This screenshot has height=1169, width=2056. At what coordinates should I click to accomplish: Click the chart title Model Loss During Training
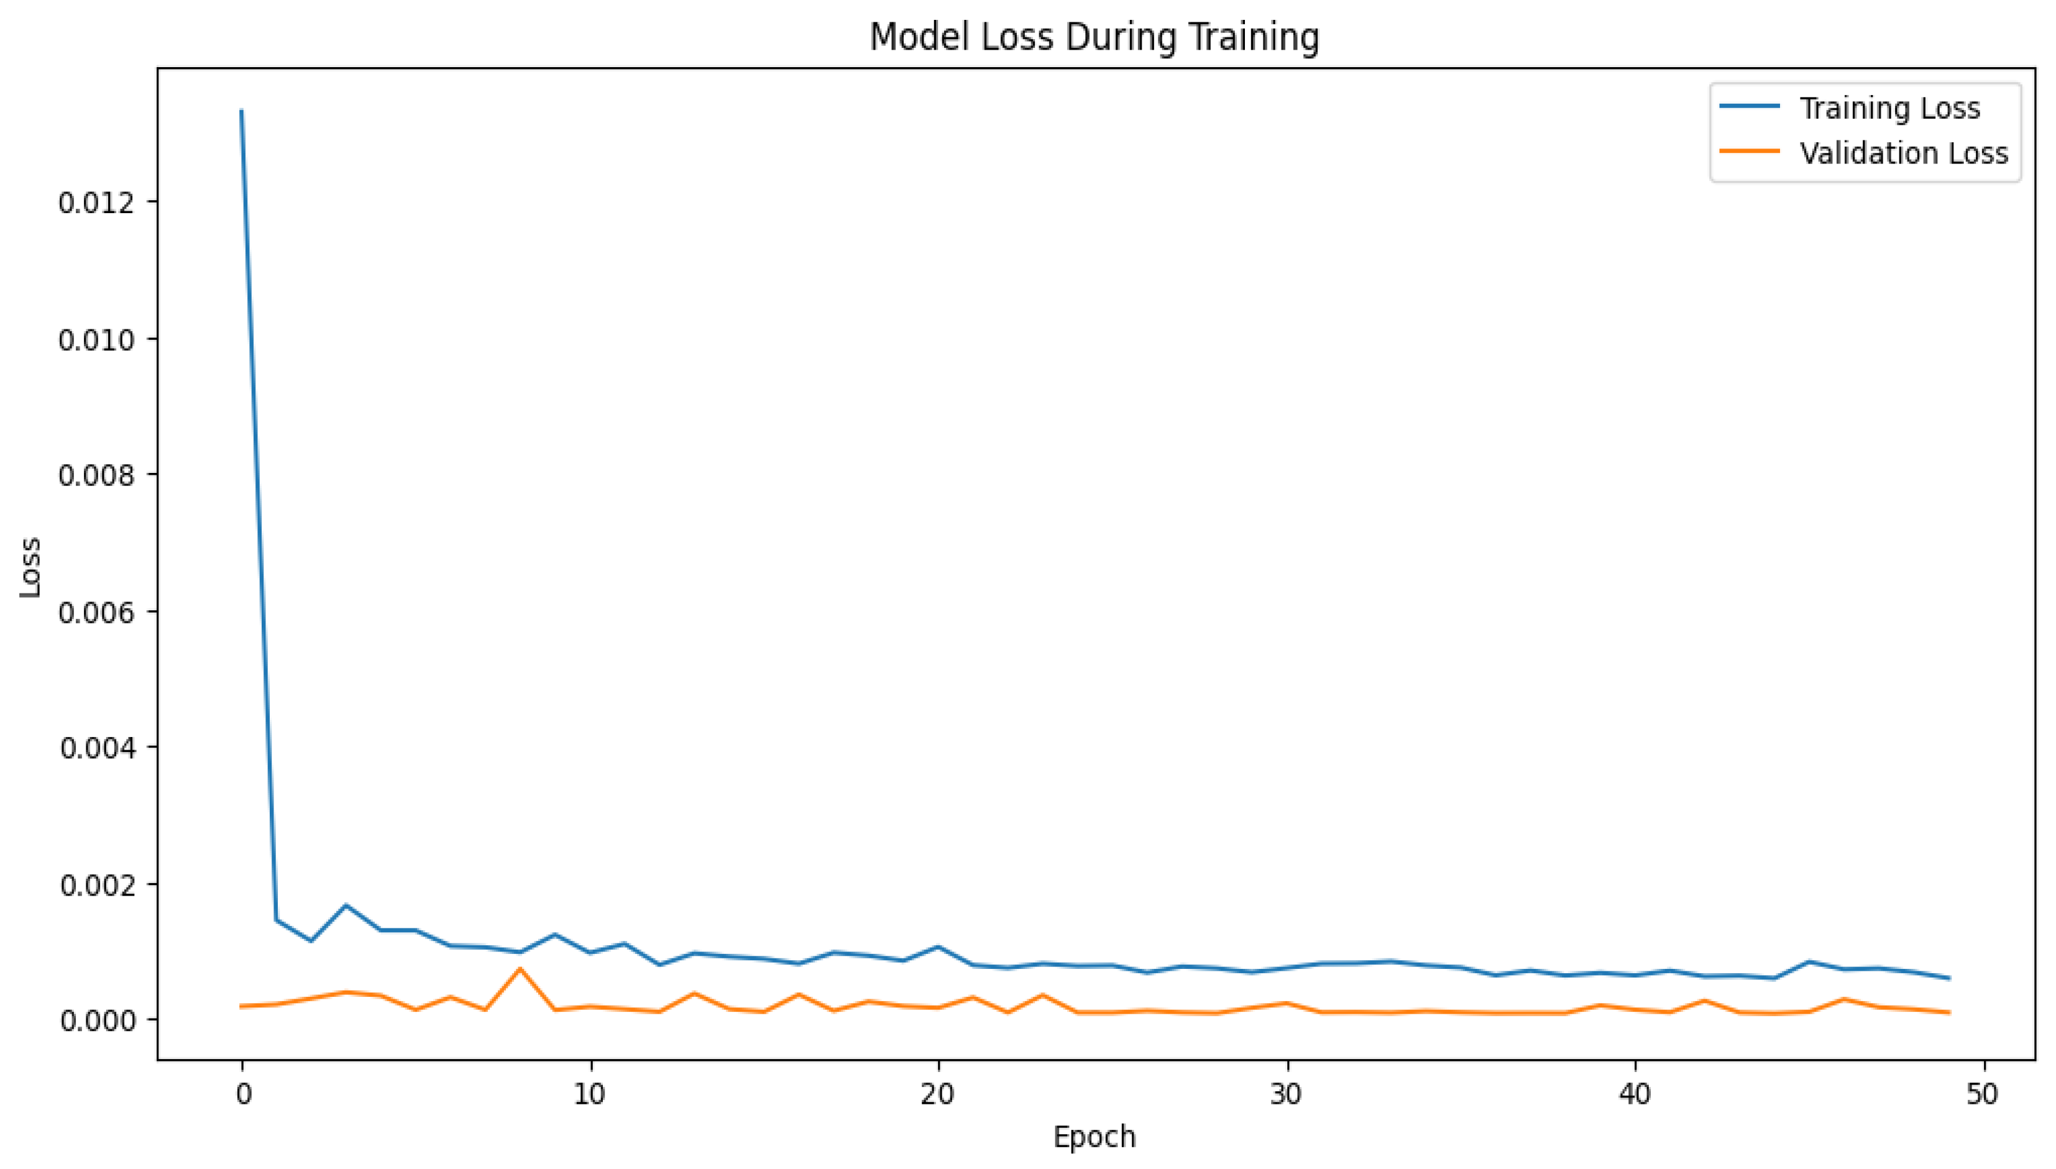(1095, 37)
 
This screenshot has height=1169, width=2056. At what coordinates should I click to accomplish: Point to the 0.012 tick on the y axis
(96, 203)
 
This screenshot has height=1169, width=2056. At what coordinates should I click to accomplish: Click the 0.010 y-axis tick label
(96, 339)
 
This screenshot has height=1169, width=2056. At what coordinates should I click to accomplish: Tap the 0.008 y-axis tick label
(96, 475)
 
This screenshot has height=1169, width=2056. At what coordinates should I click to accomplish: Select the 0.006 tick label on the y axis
(96, 611)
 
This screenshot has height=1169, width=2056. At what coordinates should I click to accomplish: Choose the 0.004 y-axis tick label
(96, 748)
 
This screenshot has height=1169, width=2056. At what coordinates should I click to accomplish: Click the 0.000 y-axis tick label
(96, 1020)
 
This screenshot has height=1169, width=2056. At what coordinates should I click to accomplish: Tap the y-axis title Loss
(30, 567)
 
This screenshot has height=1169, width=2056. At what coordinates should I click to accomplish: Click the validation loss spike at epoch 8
(520, 969)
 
